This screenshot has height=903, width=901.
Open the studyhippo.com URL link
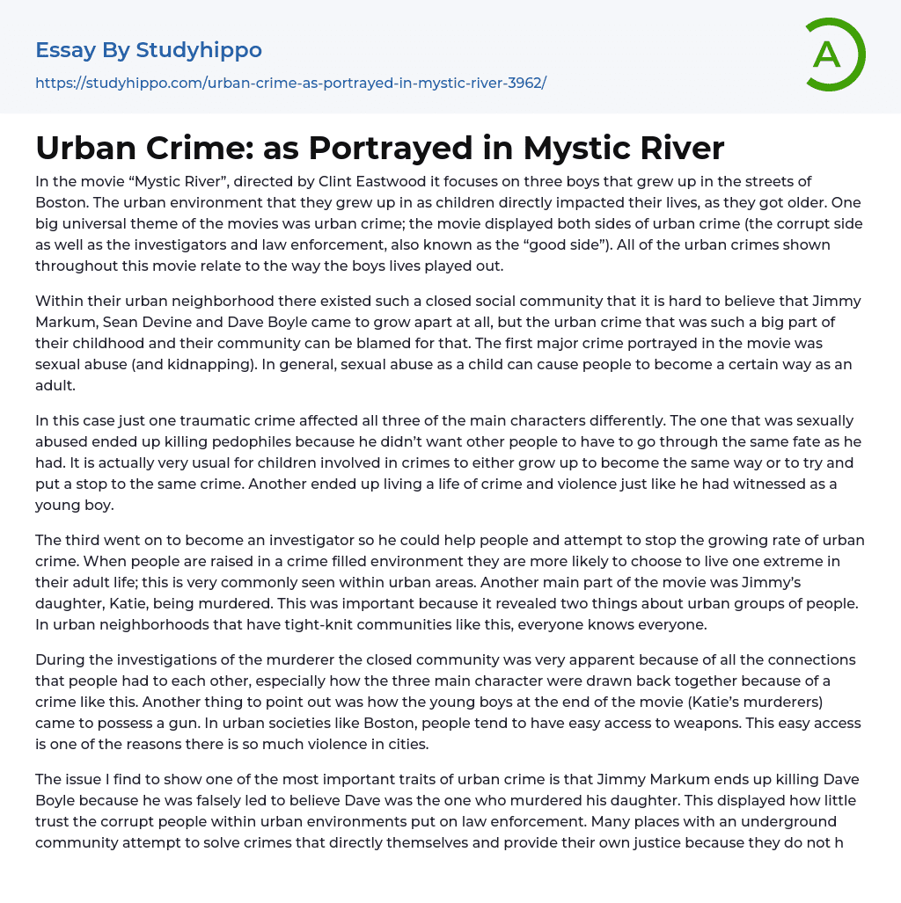click(x=290, y=83)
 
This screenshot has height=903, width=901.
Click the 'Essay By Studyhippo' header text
click(x=149, y=50)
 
